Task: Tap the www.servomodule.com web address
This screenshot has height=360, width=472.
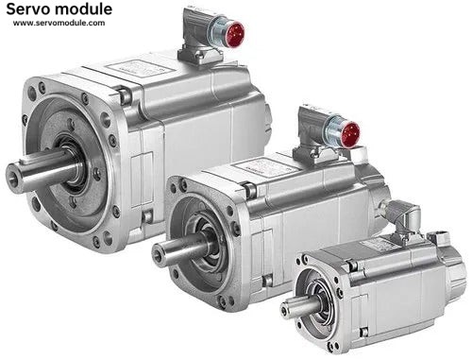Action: pos(59,23)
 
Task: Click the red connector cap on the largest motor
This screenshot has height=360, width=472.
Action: pos(235,34)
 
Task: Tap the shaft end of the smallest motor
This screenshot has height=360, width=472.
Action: pos(286,311)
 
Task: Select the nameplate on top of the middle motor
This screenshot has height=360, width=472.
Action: pos(265,167)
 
